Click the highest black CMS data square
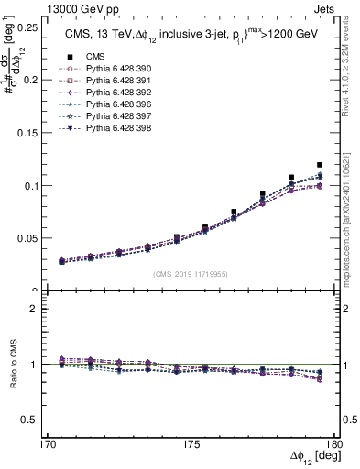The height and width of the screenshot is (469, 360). tap(320, 165)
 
